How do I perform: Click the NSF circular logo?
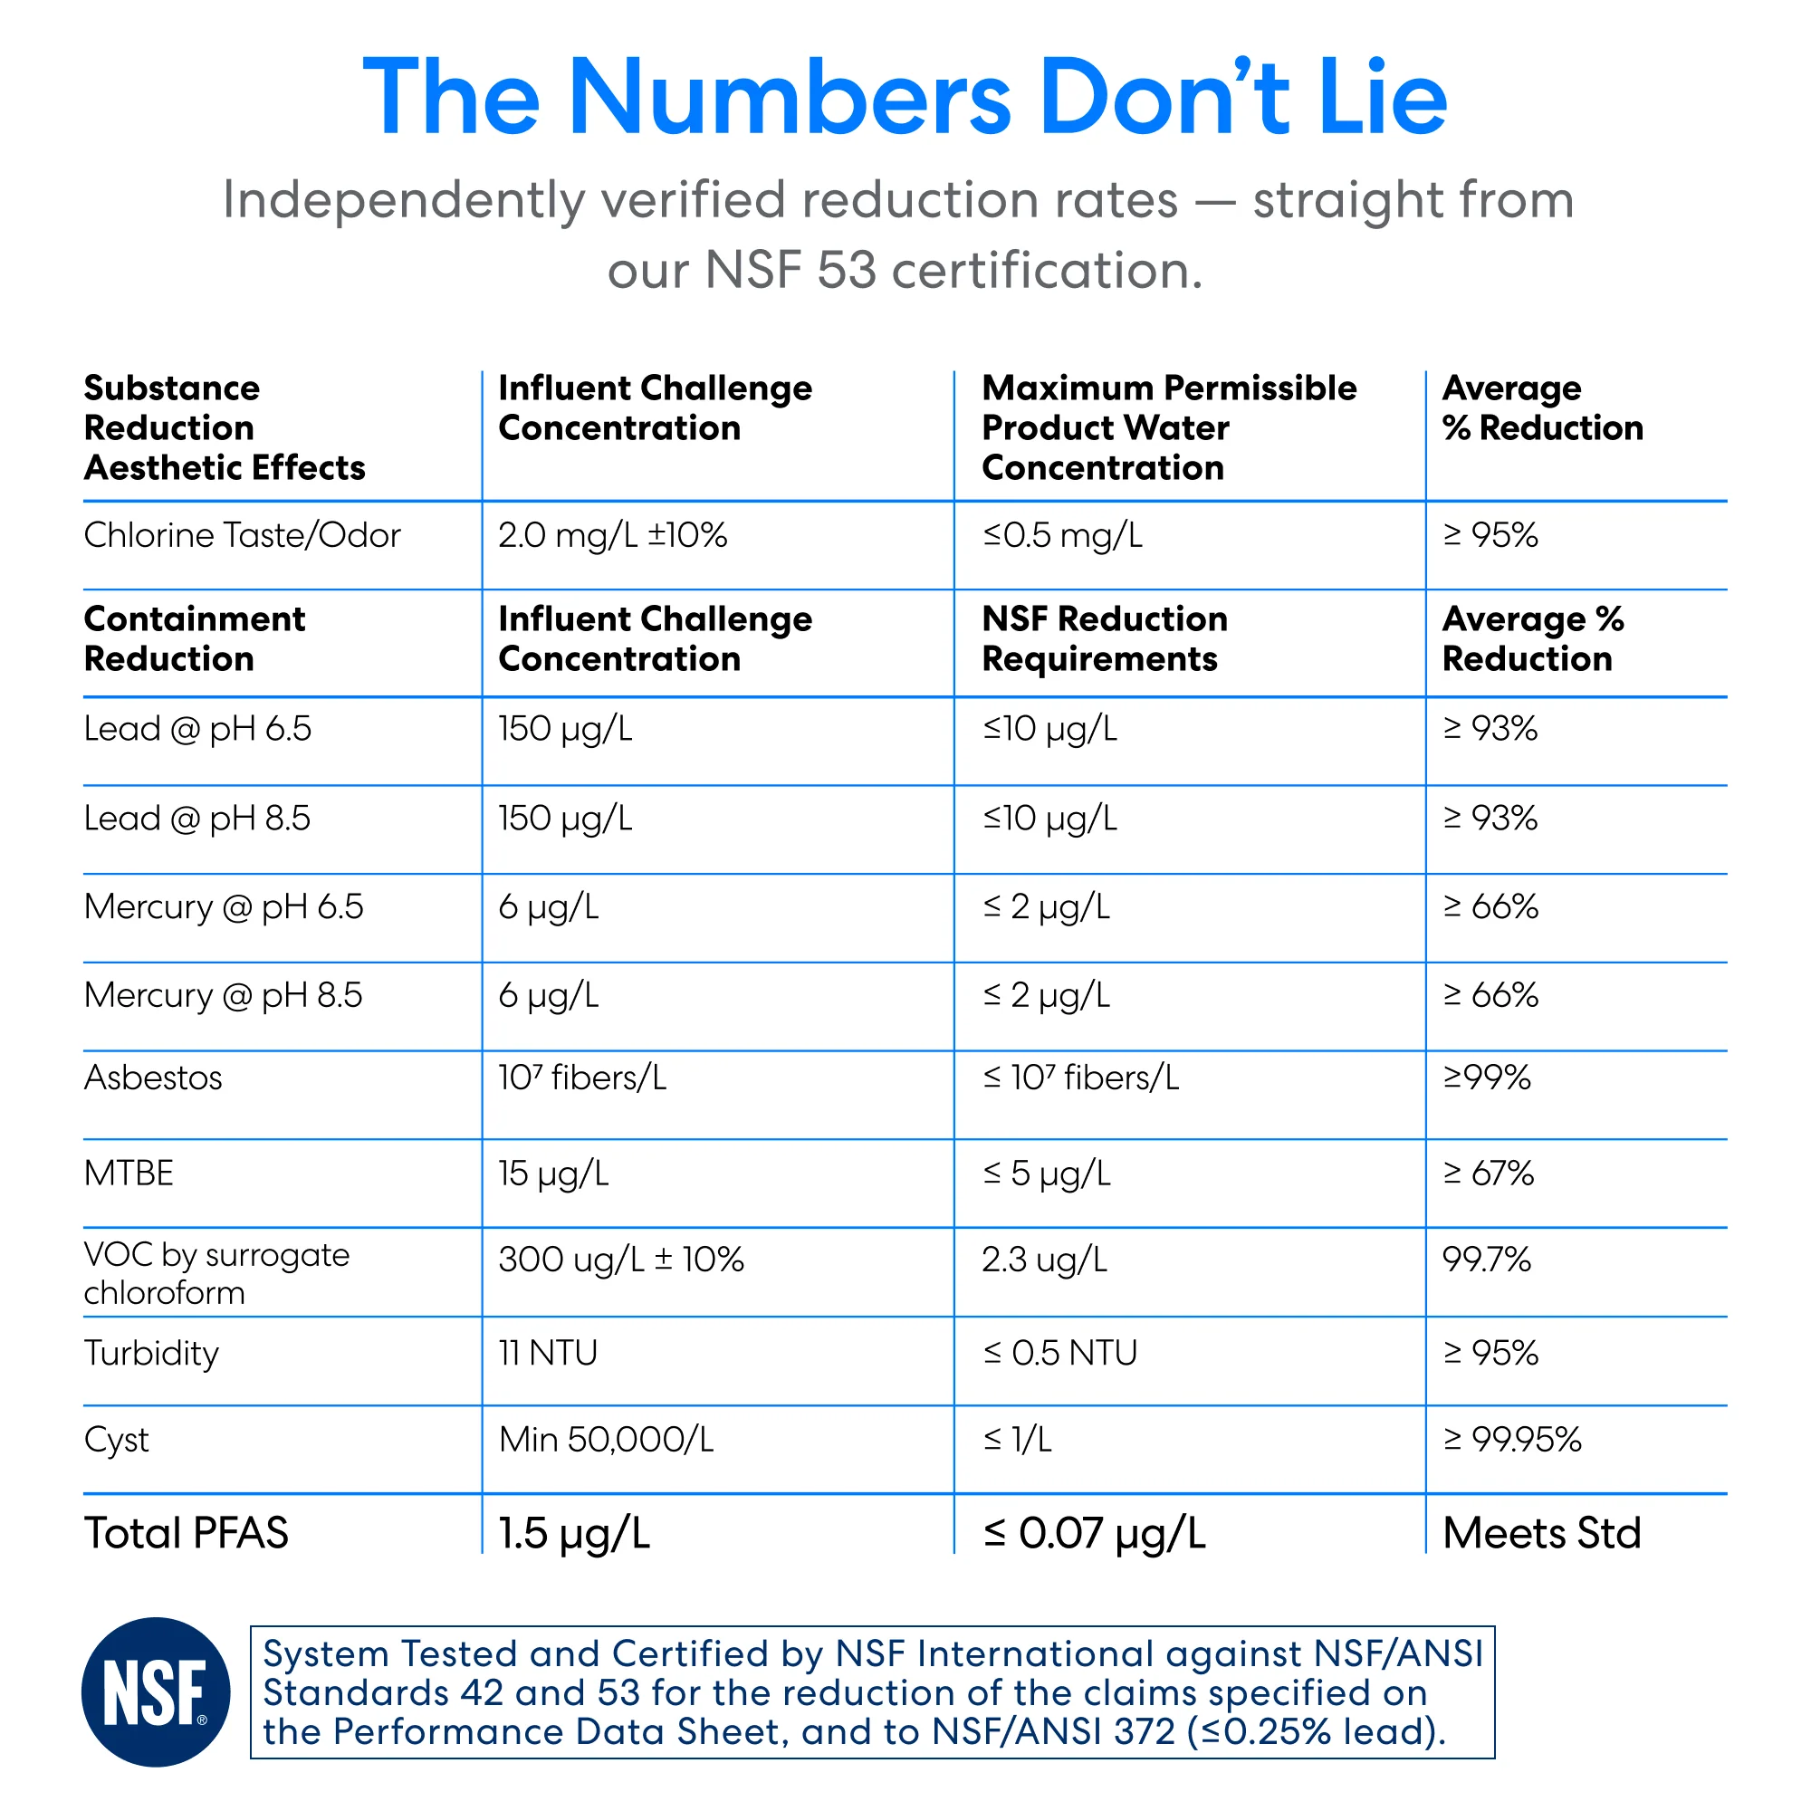[x=156, y=1692]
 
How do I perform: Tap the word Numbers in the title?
[x=790, y=98]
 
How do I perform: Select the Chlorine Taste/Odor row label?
[x=242, y=535]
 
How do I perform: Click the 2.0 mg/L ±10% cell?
[x=612, y=535]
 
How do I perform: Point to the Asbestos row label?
[x=153, y=1077]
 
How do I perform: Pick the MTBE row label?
[x=129, y=1173]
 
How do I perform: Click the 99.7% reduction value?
[x=1486, y=1259]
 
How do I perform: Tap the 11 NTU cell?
[x=548, y=1353]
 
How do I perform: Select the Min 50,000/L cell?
[x=606, y=1439]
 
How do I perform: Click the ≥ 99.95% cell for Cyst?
[x=1512, y=1439]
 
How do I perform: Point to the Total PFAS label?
[x=186, y=1533]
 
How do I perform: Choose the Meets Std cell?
[x=1542, y=1533]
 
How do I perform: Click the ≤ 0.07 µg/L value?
[x=1094, y=1534]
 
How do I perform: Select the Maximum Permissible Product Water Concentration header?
[x=1169, y=427]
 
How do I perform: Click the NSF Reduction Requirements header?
[x=1104, y=638]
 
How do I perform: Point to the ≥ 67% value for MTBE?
[x=1488, y=1173]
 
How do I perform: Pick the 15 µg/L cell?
[x=553, y=1174]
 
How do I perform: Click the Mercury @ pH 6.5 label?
[x=223, y=907]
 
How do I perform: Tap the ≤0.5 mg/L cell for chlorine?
[x=1062, y=535]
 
